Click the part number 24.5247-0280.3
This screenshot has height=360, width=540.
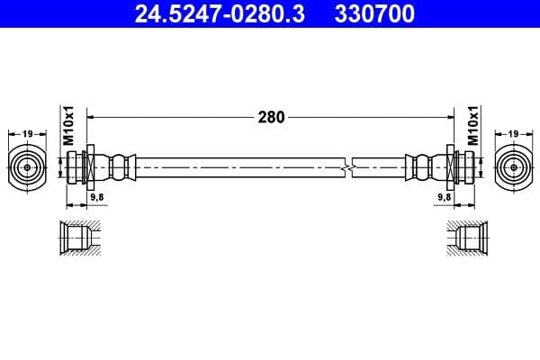pyautogui.click(x=209, y=13)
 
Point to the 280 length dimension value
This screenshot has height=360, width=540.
pyautogui.click(x=271, y=116)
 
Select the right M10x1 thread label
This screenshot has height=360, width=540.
pyautogui.click(x=472, y=126)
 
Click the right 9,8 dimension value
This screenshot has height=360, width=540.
pyautogui.click(x=443, y=195)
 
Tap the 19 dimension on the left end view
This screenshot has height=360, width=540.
pyautogui.click(x=28, y=134)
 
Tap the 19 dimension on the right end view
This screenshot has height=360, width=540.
pyautogui.click(x=512, y=134)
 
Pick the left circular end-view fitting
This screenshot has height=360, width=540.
pyautogui.click(x=28, y=166)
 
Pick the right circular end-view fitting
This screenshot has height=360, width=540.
pyautogui.click(x=512, y=166)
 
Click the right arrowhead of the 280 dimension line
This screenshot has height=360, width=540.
pyautogui.click(x=448, y=116)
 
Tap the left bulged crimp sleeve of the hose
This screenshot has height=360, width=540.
pyautogui.click(x=120, y=166)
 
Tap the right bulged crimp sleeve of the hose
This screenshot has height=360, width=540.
pyautogui.click(x=420, y=166)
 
